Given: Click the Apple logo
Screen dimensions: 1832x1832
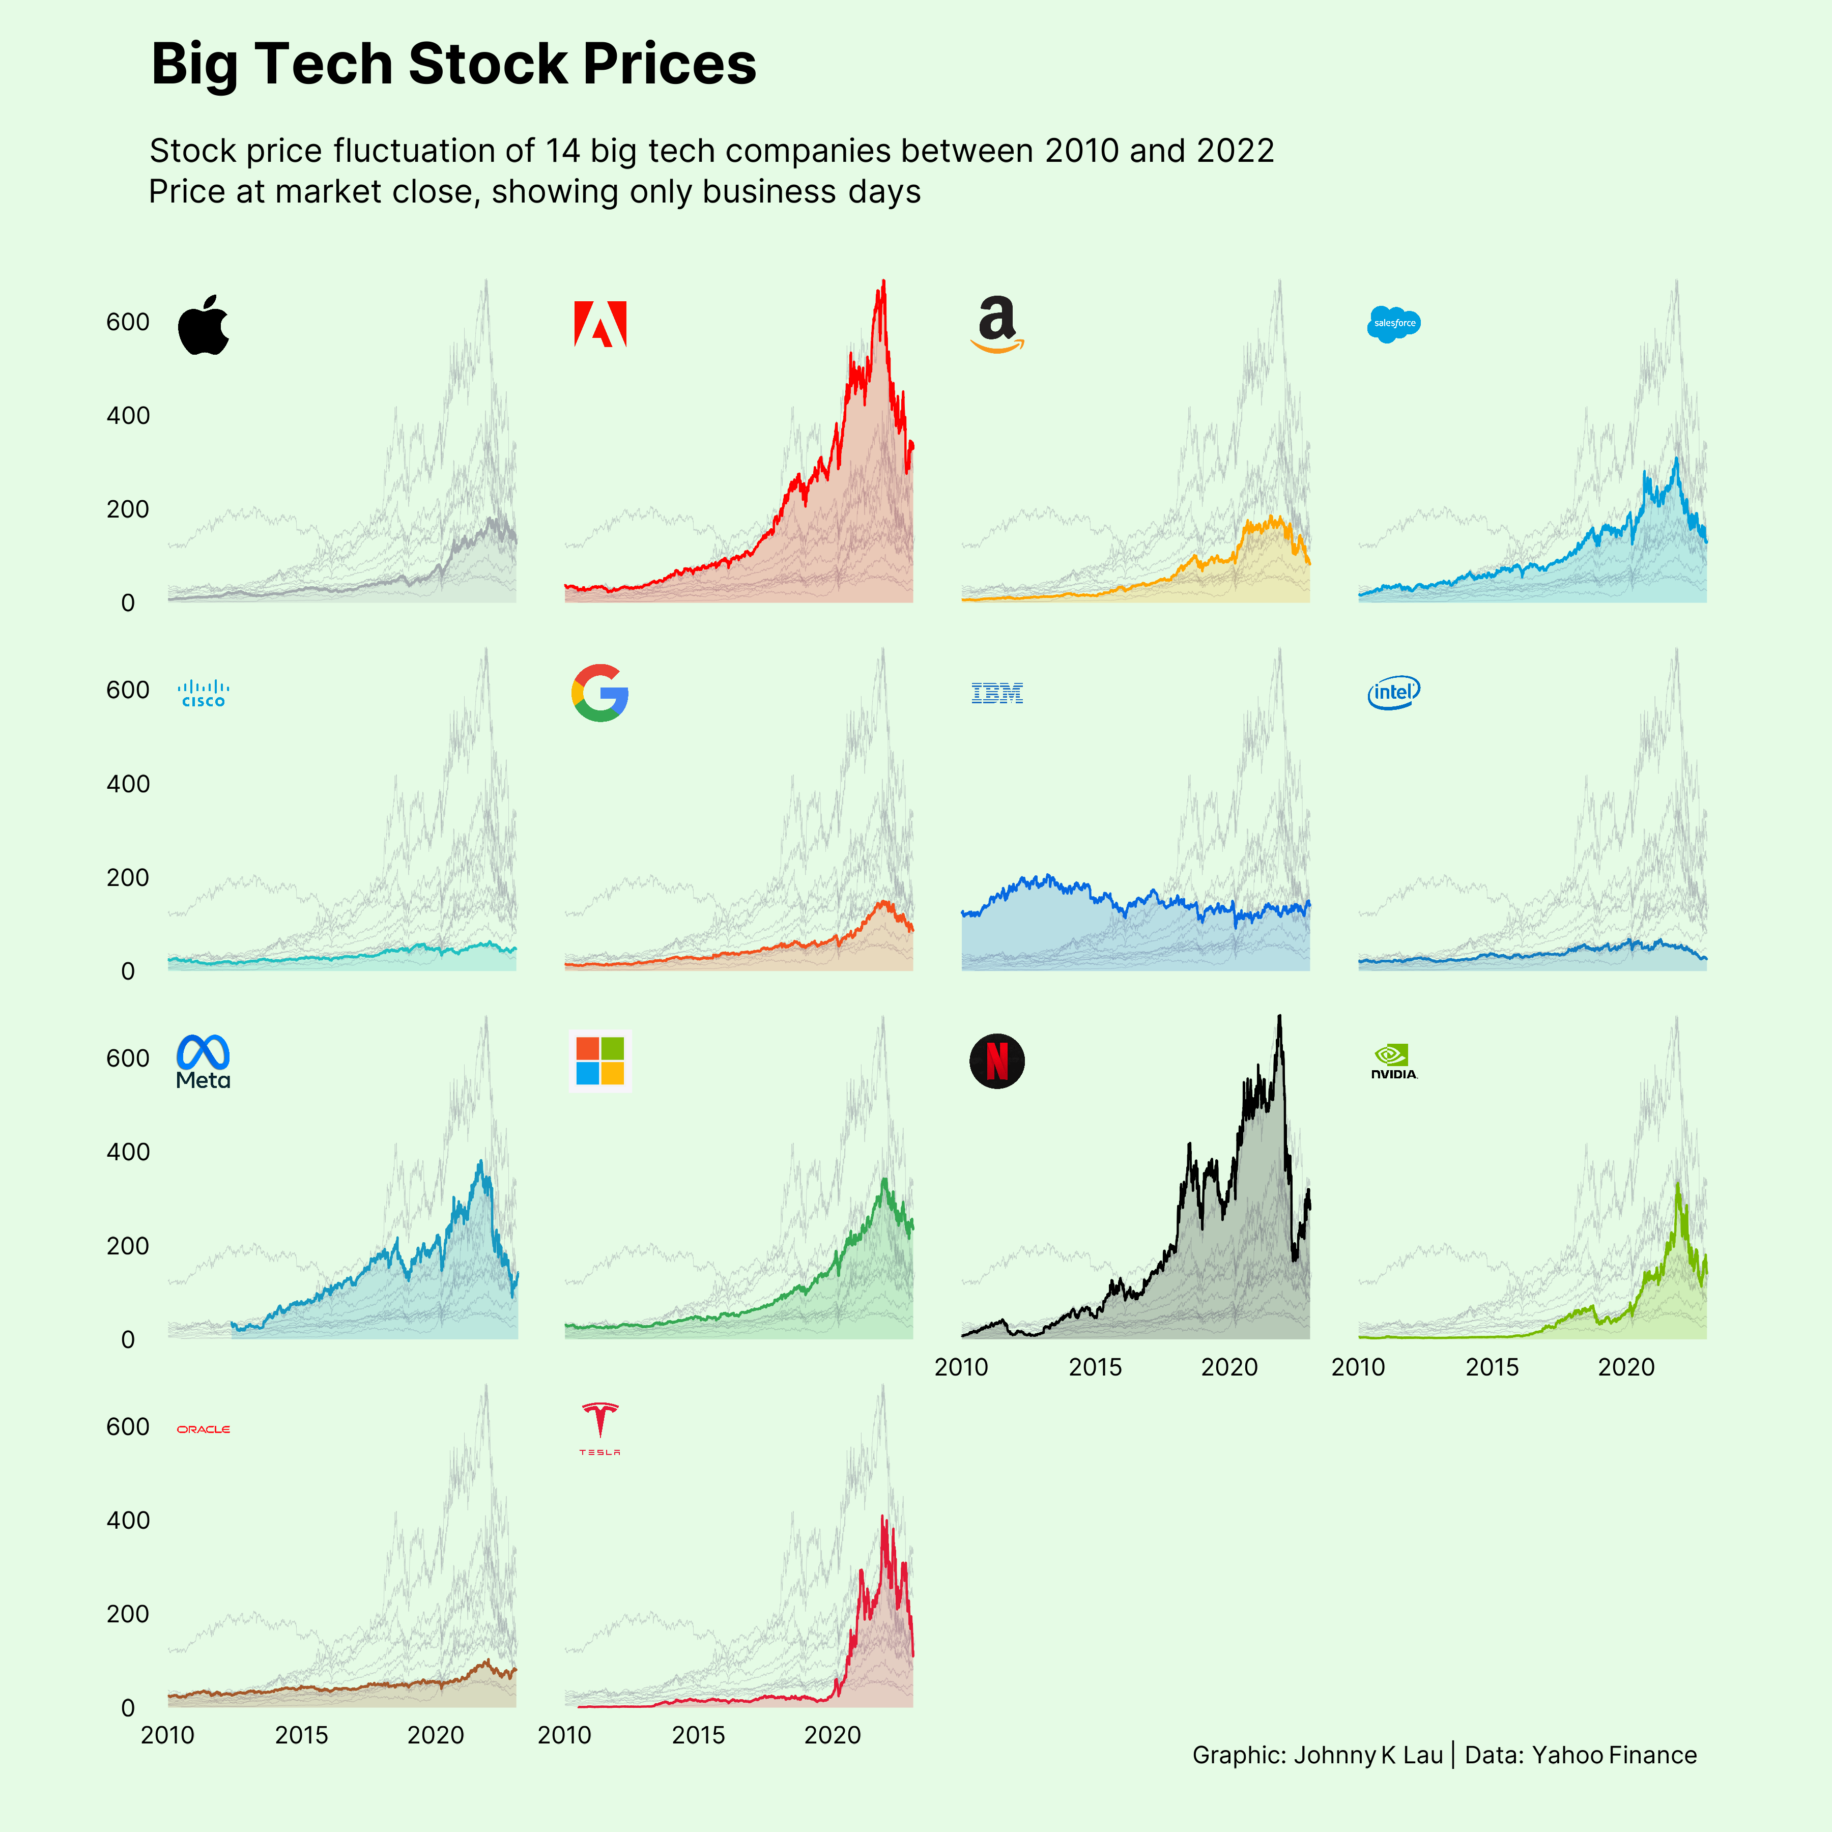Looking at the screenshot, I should tap(204, 325).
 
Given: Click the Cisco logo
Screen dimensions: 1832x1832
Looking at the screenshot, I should tap(204, 693).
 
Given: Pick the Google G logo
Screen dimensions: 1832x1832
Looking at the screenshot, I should tap(600, 693).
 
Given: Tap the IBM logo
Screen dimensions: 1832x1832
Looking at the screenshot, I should tap(996, 693).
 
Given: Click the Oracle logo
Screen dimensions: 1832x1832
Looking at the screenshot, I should tap(204, 1429).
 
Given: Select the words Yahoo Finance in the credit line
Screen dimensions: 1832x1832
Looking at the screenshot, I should tap(1614, 1755).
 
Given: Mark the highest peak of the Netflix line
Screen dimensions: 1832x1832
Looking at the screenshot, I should tap(1279, 1017).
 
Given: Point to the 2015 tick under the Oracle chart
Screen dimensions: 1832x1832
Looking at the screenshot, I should tap(302, 1735).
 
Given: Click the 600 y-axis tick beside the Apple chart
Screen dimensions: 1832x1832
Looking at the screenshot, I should tap(128, 323).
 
